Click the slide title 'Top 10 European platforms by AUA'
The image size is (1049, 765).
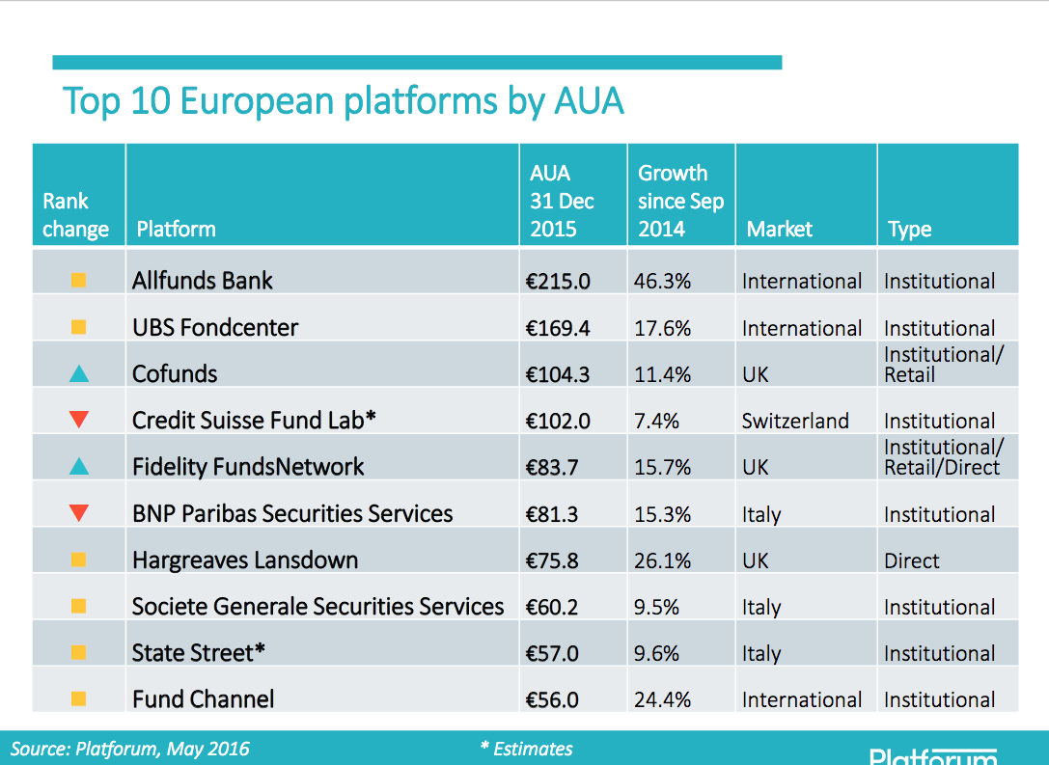[344, 101]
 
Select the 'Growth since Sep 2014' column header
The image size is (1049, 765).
[680, 201]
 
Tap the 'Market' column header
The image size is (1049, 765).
[780, 229]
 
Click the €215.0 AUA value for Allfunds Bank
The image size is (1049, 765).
[557, 281]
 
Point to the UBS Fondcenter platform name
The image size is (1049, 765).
[215, 328]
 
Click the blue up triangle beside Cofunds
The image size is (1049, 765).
[79, 373]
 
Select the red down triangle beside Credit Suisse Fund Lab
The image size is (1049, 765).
[79, 420]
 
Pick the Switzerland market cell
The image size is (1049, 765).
[795, 421]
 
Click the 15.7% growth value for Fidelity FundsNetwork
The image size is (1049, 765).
[662, 467]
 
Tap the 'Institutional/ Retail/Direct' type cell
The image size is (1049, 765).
[943, 456]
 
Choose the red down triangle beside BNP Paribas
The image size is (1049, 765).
[79, 512]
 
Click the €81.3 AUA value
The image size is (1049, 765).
[552, 513]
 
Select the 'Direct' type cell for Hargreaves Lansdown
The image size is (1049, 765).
[911, 560]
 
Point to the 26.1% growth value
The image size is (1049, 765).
[662, 560]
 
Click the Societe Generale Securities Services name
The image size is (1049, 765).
[317, 607]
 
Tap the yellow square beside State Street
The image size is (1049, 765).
[78, 653]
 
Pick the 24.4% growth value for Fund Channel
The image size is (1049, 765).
[662, 699]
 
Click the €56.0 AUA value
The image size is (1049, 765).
[552, 699]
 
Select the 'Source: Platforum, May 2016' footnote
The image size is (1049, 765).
[129, 749]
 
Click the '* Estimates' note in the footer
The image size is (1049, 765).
[527, 749]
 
